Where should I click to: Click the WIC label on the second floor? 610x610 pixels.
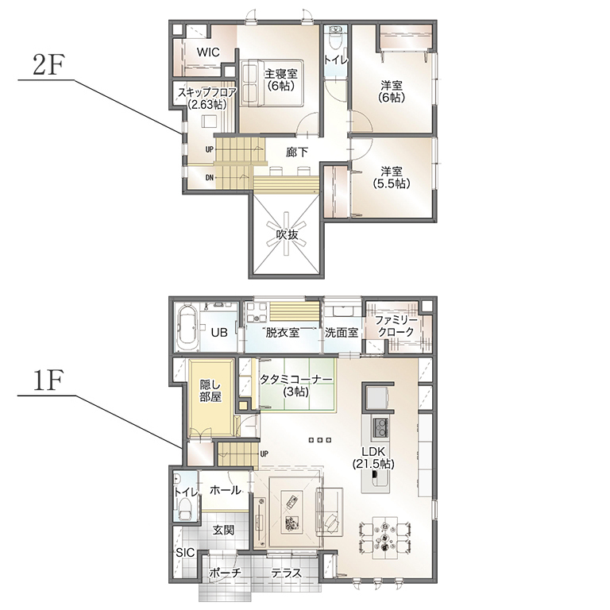tap(208, 52)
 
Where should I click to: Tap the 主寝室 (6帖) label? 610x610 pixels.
tap(281, 79)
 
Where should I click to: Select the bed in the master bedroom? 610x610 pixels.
tap(272, 83)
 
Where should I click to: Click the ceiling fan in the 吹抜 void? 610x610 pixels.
tap(287, 234)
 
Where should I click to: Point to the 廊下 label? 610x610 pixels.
tap(297, 152)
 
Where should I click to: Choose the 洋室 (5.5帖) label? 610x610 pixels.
tap(392, 177)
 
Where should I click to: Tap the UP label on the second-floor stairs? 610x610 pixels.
tap(210, 149)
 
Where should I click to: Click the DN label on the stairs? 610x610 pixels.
tap(210, 178)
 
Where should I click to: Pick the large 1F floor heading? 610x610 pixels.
tap(48, 380)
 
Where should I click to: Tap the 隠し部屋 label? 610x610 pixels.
tap(210, 391)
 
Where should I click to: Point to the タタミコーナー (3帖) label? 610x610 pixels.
tap(296, 385)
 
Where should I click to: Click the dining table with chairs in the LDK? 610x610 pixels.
tap(384, 538)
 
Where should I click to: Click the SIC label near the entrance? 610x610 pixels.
tap(185, 553)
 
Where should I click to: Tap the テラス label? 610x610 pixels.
tap(286, 572)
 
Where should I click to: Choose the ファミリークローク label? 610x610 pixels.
tap(396, 326)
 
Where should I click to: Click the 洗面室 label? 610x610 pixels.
tap(342, 333)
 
